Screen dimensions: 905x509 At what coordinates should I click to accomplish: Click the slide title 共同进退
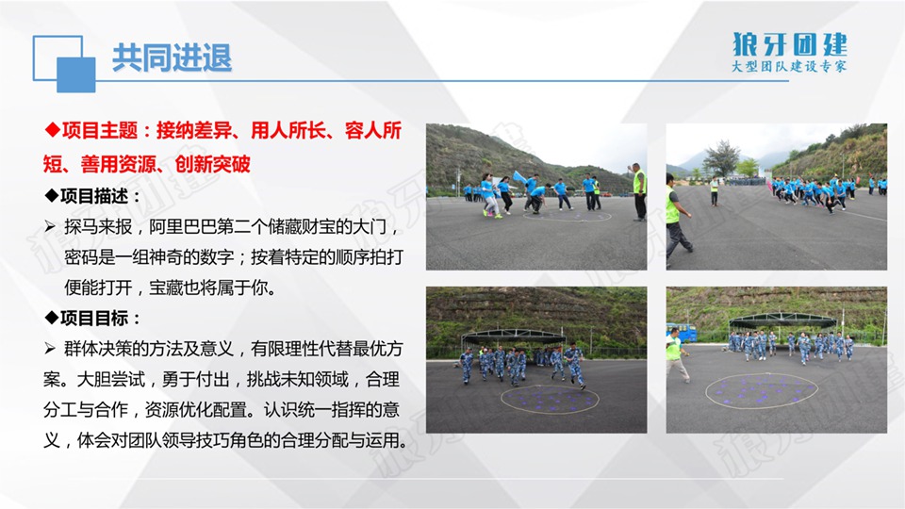point(172,58)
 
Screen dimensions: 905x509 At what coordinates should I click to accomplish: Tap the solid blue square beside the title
point(76,75)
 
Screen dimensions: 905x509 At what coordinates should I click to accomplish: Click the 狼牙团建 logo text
point(790,44)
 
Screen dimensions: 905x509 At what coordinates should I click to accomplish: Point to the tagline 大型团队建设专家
point(789,66)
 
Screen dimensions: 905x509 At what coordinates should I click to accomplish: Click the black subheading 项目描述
point(94,197)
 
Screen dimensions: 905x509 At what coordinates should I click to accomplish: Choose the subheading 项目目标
point(94,318)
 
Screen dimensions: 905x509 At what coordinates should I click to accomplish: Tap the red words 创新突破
point(212,164)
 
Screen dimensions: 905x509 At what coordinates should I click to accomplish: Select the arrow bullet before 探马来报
point(50,227)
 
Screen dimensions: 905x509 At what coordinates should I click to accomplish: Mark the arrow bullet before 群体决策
point(50,349)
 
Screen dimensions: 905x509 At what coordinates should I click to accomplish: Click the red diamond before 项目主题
point(53,130)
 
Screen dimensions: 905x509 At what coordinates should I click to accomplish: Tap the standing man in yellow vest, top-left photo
point(639,191)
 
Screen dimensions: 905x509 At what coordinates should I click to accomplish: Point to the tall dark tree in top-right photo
point(721,157)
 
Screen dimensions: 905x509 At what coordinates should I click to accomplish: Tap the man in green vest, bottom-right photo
point(676,354)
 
